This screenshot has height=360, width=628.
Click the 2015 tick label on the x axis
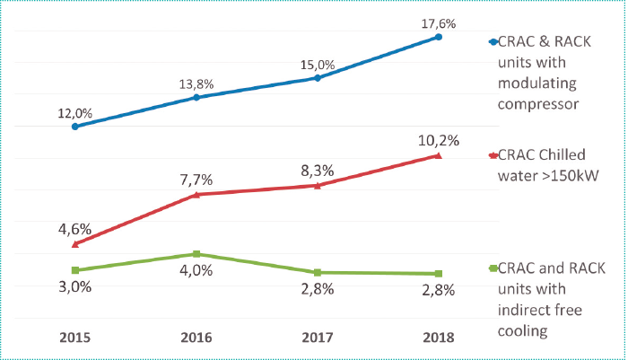coord(74,338)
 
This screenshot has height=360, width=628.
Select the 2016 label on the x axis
coord(196,338)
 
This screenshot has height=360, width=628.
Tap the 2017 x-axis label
coord(318,338)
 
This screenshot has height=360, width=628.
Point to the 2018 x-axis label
coord(438,338)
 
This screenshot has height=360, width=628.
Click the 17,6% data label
coord(438,19)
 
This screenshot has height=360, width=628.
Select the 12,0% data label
coord(75,113)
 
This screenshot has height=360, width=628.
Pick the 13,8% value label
coord(196,83)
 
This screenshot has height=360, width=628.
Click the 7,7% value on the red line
coord(196,180)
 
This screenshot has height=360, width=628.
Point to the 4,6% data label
coord(75,228)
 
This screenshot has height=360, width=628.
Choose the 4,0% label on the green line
coord(196,270)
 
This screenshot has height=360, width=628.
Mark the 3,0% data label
coord(75,286)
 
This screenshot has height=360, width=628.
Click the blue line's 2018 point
coord(438,37)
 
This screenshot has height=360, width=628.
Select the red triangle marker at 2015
coord(75,243)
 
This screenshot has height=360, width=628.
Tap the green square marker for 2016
coord(196,255)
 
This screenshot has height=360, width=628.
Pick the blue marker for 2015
coord(75,127)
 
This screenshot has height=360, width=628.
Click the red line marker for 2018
coord(438,155)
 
